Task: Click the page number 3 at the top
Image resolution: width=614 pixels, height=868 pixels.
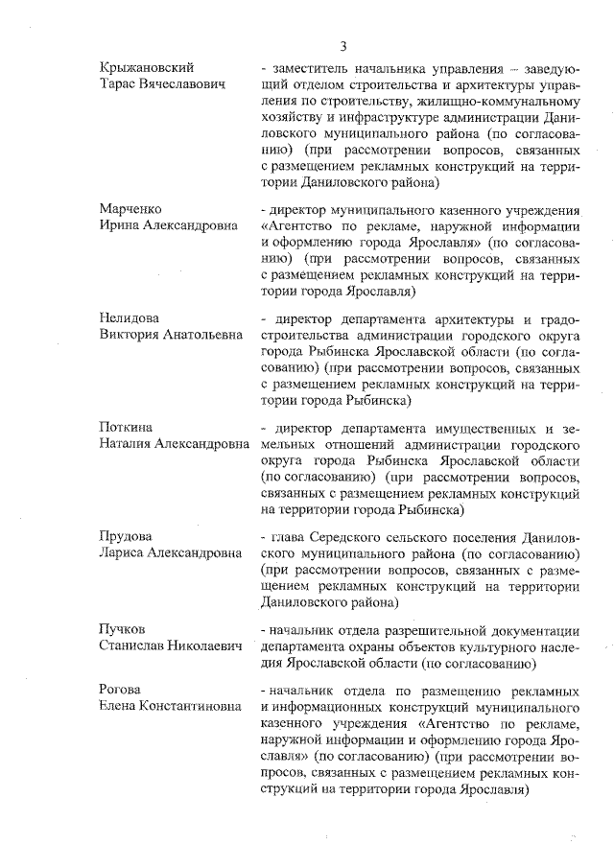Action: coord(342,46)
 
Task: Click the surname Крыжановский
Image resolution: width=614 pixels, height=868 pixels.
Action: coord(147,68)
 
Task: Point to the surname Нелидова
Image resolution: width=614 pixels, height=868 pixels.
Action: coord(131,317)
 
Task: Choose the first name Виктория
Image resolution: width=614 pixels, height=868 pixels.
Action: coord(130,335)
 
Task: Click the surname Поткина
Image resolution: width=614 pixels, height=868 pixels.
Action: coord(128,426)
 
